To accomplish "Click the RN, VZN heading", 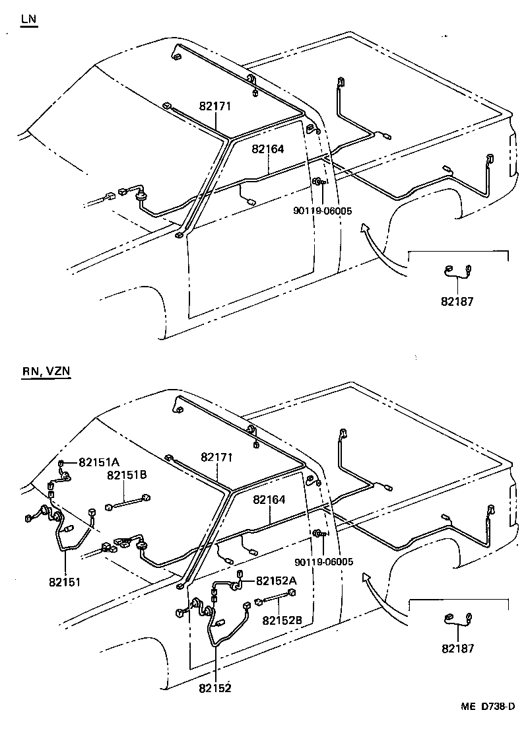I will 46,371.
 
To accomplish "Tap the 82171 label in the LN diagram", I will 215,106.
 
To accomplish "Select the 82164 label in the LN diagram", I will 267,149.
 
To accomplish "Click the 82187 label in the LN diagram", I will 457,301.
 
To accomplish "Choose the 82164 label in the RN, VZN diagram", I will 269,500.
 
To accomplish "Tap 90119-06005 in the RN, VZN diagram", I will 324,562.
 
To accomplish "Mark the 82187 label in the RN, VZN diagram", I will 457,649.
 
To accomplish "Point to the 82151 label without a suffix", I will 64,582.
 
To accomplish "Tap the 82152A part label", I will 276,581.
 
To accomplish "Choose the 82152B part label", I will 282,620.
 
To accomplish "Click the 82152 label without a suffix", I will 214,688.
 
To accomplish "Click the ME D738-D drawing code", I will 488,706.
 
